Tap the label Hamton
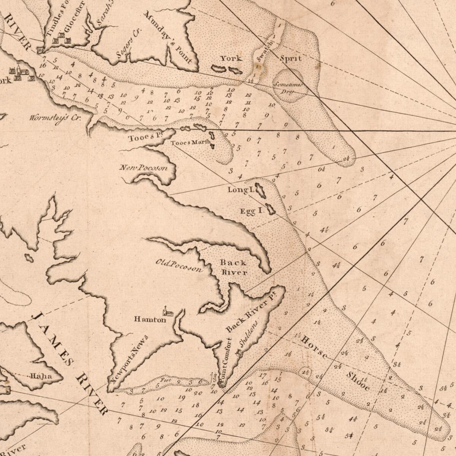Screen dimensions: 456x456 (x=150, y=320)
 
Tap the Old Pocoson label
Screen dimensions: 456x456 (x=179, y=266)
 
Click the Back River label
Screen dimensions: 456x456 (x=233, y=267)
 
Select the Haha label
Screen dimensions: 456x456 (x=41, y=376)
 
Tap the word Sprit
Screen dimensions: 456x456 (x=291, y=58)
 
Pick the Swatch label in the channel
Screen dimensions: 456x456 (x=265, y=50)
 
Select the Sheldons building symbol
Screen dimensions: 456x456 (x=239, y=353)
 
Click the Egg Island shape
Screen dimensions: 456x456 (x=271, y=209)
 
